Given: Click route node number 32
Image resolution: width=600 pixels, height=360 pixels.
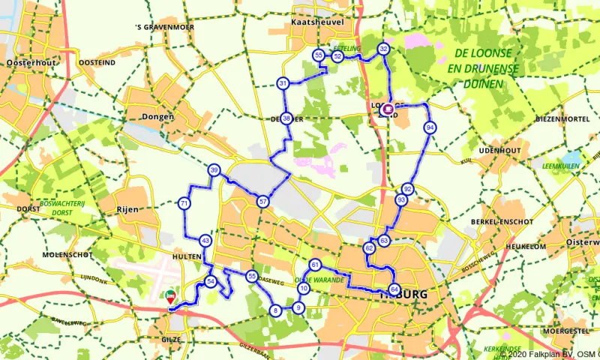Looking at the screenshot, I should [x=384, y=49].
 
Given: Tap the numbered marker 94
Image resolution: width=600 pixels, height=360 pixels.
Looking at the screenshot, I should [x=430, y=127].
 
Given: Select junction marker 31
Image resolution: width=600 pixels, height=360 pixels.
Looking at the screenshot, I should [x=283, y=82].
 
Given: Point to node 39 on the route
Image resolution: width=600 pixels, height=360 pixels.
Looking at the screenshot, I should [x=214, y=171].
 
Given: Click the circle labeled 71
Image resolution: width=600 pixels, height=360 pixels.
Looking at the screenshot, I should [x=184, y=203].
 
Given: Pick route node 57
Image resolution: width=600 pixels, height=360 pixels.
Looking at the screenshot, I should [x=262, y=201].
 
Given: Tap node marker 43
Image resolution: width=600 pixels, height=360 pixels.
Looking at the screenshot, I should [x=205, y=241].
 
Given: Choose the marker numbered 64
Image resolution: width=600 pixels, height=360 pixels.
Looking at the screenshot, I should [x=395, y=289].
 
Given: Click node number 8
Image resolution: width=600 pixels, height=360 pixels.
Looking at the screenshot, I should [x=276, y=310].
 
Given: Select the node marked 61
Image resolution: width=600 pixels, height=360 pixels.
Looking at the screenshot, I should [x=315, y=265].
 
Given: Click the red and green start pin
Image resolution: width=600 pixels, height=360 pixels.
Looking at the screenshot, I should [x=171, y=297].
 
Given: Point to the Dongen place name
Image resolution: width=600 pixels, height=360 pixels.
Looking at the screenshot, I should [x=157, y=117].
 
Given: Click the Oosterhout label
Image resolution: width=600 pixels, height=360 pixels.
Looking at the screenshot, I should [x=30, y=63].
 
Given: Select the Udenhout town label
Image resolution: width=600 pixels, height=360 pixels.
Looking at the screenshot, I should [x=499, y=151].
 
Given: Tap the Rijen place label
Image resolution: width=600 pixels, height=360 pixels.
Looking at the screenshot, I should [x=127, y=209].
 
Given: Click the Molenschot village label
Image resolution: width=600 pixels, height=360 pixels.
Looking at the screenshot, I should [x=40, y=255].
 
